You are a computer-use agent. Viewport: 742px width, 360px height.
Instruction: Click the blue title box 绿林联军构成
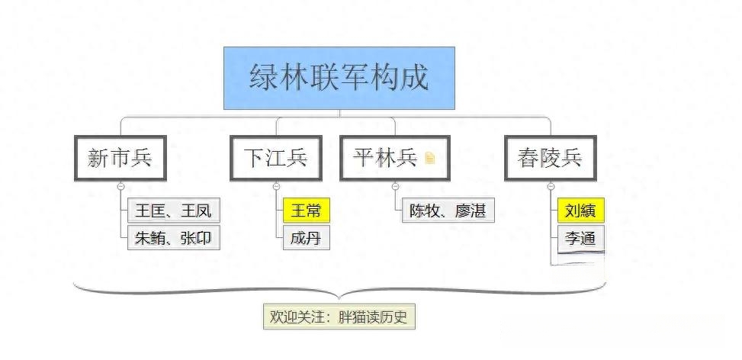339,78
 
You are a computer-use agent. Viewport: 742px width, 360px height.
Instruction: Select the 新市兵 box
120,158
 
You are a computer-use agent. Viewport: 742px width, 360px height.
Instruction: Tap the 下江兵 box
276,158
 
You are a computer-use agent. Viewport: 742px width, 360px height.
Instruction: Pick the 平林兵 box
395,158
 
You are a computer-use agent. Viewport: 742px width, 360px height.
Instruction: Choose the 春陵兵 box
551,158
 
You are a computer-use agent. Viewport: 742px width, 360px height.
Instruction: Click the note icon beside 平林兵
429,158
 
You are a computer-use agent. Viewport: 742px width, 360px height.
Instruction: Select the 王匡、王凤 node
174,210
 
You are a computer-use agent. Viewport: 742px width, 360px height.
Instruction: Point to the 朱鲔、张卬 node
174,237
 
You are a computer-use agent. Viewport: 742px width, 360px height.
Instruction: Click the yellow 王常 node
306,210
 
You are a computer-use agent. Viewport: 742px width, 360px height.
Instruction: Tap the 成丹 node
306,237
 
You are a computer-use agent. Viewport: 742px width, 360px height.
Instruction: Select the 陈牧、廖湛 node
448,210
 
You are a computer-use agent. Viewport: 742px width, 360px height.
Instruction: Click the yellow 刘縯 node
580,210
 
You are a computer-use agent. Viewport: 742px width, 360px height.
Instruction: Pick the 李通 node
580,237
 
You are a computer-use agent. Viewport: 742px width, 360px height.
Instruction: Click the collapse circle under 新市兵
120,186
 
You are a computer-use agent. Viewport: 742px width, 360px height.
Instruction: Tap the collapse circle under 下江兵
276,186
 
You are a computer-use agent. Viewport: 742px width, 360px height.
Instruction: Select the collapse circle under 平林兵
395,186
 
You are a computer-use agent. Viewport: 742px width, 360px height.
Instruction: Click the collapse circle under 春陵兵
551,186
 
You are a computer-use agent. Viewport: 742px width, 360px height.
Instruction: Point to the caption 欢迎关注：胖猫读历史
339,317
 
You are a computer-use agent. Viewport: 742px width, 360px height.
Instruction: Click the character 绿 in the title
264,77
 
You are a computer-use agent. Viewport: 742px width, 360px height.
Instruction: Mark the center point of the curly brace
339,299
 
